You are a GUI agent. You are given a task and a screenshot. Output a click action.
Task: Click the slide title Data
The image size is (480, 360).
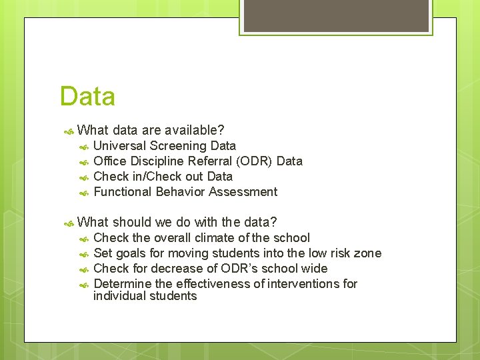tap(87, 97)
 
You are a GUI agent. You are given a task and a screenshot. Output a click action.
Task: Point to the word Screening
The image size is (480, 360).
tap(178, 145)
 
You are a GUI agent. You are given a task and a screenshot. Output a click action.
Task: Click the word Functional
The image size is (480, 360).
tap(123, 191)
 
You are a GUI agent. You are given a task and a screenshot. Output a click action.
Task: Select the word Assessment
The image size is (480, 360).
tap(243, 191)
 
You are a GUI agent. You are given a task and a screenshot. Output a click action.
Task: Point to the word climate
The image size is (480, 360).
tap(215, 237)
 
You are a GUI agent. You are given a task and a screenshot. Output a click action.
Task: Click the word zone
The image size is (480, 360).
tap(369, 253)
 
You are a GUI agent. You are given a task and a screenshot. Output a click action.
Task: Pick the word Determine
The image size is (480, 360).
tap(122, 283)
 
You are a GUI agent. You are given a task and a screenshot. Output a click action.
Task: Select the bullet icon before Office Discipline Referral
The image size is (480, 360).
tap(84, 161)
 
